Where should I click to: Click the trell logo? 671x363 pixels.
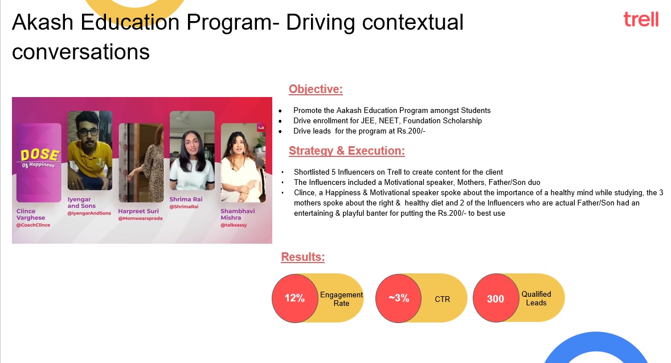click(641, 19)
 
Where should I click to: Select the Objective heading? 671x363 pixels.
click(316, 89)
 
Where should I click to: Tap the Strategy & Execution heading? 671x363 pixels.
click(347, 151)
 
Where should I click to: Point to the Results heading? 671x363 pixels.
click(303, 257)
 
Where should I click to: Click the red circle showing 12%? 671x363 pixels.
click(295, 299)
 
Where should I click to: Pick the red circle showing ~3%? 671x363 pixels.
click(398, 299)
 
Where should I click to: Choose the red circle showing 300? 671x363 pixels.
click(496, 299)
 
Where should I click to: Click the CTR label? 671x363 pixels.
click(443, 299)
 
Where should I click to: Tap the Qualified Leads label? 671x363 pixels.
click(536, 299)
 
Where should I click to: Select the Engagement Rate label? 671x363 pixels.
click(342, 299)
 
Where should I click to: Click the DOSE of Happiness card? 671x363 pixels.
click(39, 163)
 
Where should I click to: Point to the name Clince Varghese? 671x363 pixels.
click(31, 214)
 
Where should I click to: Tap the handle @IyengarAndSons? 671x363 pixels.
click(89, 213)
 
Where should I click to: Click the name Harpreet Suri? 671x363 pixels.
click(138, 211)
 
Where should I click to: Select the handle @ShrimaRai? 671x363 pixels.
click(184, 207)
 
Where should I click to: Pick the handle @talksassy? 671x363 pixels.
click(234, 225)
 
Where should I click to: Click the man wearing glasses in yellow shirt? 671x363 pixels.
click(90, 151)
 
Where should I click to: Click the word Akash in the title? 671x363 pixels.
click(43, 22)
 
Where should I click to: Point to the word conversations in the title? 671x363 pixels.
click(81, 52)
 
